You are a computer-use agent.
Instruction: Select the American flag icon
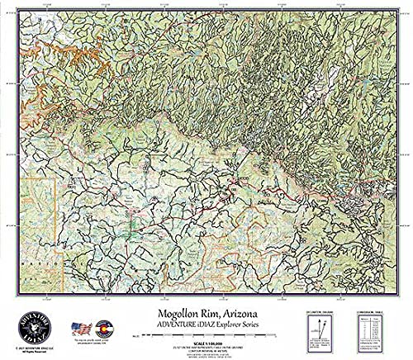click(x=80, y=328)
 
